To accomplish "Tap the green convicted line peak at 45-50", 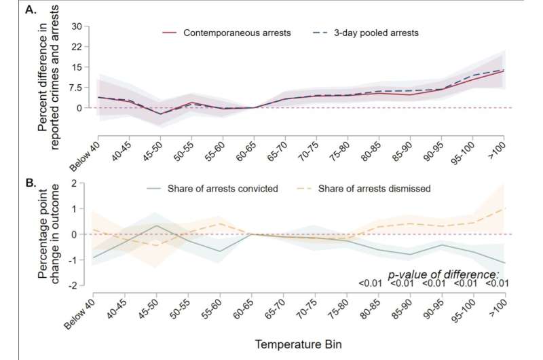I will coord(157,226).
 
